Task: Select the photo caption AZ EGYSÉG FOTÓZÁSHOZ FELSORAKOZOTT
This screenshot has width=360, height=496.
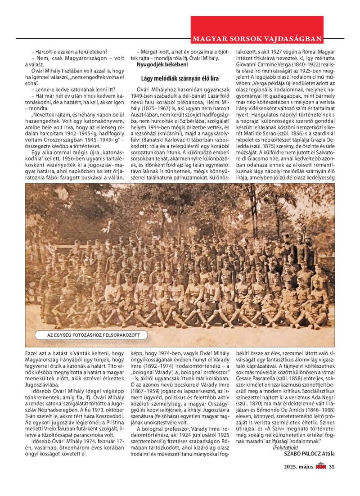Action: coord(94,335)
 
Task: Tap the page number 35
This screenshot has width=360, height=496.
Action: coord(332,479)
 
